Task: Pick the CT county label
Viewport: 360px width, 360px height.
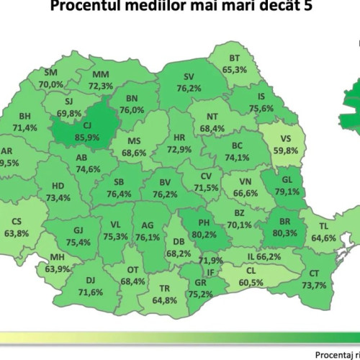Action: tap(314, 274)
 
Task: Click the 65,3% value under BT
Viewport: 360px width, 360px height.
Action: tap(235, 70)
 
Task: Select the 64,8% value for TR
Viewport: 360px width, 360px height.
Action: tap(166, 299)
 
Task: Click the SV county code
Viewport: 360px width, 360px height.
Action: tap(189, 77)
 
